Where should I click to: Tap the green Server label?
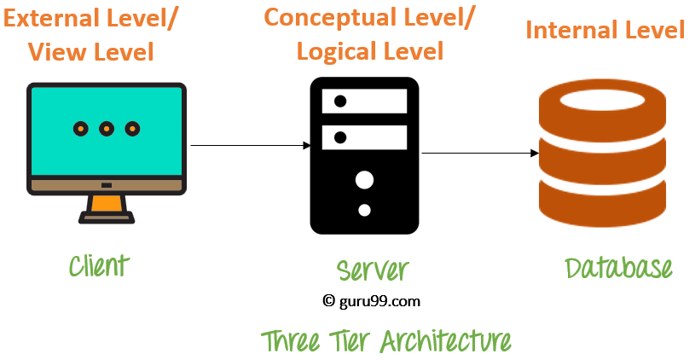click(x=373, y=270)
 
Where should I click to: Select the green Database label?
click(x=619, y=268)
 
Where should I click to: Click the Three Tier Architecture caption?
click(x=386, y=340)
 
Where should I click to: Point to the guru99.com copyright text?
click(x=372, y=300)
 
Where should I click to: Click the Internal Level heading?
click(x=605, y=31)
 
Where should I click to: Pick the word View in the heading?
click(x=55, y=51)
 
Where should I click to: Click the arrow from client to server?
click(x=249, y=146)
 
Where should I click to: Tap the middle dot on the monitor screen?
click(x=106, y=129)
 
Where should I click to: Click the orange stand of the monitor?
click(x=107, y=203)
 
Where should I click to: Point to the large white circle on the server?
click(x=364, y=180)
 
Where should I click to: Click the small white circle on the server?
click(x=364, y=210)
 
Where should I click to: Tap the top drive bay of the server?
click(x=364, y=102)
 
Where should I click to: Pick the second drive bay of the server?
click(x=364, y=136)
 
